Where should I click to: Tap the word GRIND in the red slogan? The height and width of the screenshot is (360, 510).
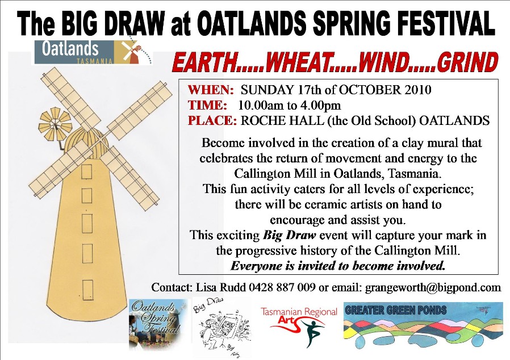[x=467, y=62]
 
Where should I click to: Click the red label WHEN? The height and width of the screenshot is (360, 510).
[x=211, y=90]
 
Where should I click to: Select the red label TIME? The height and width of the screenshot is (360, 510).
[x=207, y=106]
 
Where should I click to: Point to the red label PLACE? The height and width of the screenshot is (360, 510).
[x=212, y=120]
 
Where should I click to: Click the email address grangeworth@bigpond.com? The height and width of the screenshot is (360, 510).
[x=433, y=288]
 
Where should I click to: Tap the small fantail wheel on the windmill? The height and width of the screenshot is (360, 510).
[x=55, y=124]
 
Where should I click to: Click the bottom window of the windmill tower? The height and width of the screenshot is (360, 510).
[x=87, y=290]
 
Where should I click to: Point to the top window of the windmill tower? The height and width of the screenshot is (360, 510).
[x=86, y=171]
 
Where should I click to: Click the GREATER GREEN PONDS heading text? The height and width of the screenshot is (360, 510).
[x=395, y=310]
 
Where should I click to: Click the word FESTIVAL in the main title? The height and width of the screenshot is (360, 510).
[x=444, y=23]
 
